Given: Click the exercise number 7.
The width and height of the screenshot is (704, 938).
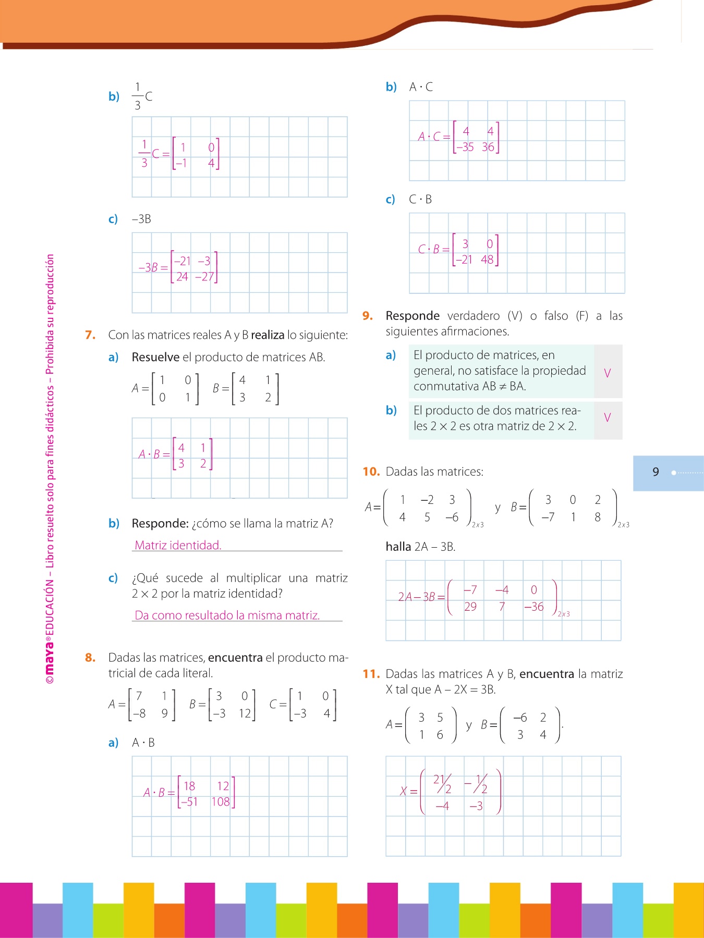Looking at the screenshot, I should click(x=90, y=335).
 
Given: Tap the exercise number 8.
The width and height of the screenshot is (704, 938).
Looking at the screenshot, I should click(x=90, y=658).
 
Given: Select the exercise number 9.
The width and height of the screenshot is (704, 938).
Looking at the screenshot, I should click(x=368, y=316).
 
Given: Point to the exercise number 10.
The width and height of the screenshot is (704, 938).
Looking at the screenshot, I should click(x=371, y=472).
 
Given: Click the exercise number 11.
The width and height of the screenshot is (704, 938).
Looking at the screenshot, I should click(x=371, y=674).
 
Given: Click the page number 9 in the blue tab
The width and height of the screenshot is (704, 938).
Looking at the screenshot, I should click(x=656, y=472).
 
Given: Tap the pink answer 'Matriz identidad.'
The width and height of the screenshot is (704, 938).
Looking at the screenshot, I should click(x=178, y=545).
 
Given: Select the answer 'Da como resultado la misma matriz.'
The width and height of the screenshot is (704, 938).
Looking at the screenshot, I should click(x=227, y=615).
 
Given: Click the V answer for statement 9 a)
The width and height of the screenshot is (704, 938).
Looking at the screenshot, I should click(x=607, y=373).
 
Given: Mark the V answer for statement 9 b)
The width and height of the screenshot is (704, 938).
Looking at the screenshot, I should click(x=607, y=418).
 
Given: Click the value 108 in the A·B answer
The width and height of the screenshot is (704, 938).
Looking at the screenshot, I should click(x=221, y=802).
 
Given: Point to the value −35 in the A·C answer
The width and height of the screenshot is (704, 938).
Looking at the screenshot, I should click(x=465, y=147).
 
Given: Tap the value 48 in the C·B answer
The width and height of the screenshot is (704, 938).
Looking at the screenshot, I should click(x=487, y=260).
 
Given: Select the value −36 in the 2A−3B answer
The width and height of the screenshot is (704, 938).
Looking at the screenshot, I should click(x=534, y=607).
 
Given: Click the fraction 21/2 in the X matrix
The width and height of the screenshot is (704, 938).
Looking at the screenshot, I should click(x=442, y=784).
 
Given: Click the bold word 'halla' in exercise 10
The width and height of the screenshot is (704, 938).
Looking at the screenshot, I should click(x=398, y=547).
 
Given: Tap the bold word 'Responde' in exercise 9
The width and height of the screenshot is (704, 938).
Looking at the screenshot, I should click(x=412, y=316).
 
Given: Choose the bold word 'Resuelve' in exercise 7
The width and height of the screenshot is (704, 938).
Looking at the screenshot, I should click(x=155, y=357).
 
